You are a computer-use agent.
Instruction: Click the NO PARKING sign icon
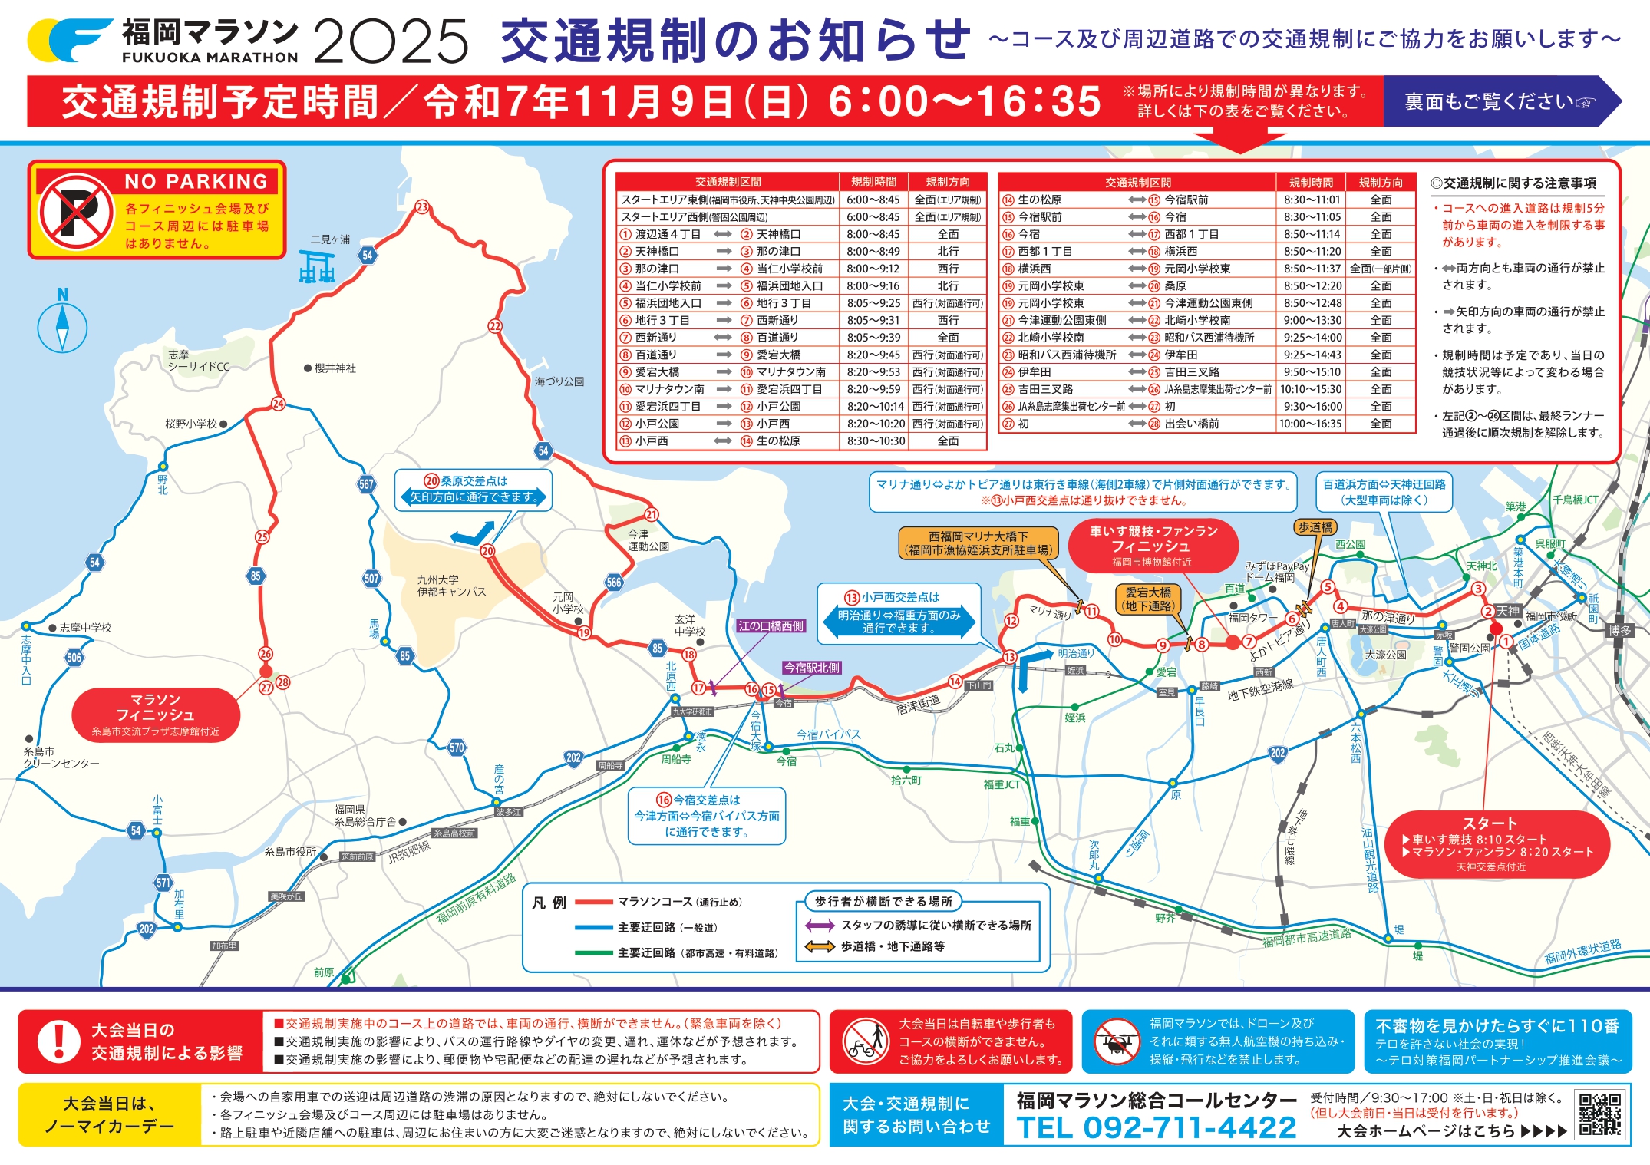76,210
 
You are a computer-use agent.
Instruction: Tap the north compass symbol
62,328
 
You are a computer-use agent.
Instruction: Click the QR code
1600,1114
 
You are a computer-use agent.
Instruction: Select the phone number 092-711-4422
1156,1128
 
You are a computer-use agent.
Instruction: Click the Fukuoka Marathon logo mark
70,40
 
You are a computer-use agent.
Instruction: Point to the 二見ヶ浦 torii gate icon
317,266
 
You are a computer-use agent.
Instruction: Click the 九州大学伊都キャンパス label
451,586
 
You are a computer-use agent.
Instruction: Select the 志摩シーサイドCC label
198,361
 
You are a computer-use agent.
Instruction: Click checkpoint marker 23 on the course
422,206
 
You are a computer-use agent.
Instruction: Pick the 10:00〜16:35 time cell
1310,424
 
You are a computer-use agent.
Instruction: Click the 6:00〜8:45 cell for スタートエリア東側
873,200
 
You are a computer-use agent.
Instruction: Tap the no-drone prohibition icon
1116,1041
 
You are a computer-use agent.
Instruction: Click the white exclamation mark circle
58,1041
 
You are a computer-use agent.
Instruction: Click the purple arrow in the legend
820,926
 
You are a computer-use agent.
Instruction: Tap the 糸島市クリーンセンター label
61,757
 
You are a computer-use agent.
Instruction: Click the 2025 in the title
391,41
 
